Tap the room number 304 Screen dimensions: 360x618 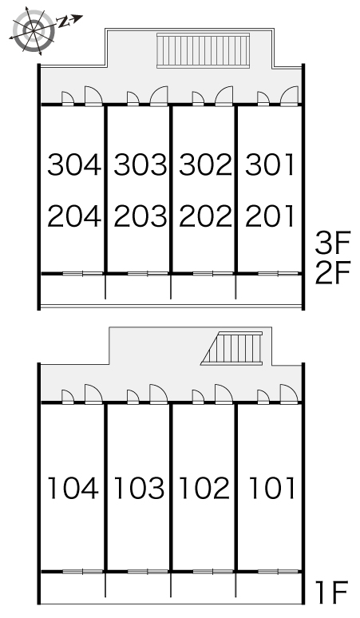[x=74, y=164]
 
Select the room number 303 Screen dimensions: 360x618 [x=140, y=164]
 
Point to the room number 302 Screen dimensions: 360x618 [x=205, y=164]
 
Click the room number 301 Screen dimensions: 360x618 [x=270, y=164]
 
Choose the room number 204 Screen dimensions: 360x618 [x=74, y=216]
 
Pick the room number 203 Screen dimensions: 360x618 [x=140, y=216]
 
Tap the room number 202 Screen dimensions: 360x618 [x=205, y=216]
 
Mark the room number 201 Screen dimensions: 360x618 [x=270, y=216]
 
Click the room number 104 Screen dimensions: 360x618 [x=73, y=488]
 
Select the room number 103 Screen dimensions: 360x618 [x=139, y=488]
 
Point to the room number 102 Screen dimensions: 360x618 [x=204, y=488]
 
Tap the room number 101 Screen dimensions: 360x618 [x=272, y=488]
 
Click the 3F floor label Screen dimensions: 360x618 [x=332, y=243]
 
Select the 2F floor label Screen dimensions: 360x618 [x=332, y=273]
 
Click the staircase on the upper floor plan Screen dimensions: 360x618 [x=204, y=51]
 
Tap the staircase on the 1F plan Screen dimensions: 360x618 [x=231, y=348]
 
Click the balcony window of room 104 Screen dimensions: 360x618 [x=83, y=572]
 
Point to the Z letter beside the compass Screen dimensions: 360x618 [x=62, y=22]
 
